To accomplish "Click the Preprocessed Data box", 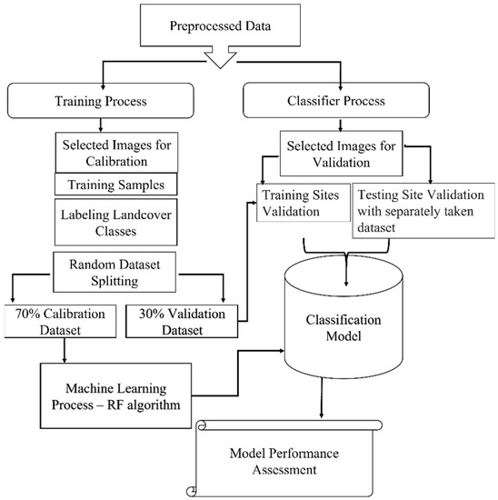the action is point(220,25).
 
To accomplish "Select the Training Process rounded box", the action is point(101,101).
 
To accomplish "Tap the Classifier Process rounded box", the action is point(336,100).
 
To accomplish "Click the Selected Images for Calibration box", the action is point(116,153).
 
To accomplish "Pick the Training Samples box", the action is point(115,185).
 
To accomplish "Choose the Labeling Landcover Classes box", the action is point(115,222).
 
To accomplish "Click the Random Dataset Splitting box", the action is point(115,272).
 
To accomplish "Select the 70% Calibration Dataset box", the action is point(60,321).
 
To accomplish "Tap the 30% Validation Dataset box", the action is point(182,321).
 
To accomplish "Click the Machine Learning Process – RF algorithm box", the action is point(115,395).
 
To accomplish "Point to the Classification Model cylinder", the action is point(344,317).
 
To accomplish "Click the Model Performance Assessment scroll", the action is point(284,458).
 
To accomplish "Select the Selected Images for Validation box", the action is point(341,154).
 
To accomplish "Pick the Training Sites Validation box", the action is point(304,203).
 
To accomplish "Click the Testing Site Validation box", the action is point(423,211).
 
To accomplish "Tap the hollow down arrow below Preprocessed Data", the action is point(220,56).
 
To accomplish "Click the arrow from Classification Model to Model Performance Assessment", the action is point(322,398).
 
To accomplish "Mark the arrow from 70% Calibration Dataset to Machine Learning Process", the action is point(65,350).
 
